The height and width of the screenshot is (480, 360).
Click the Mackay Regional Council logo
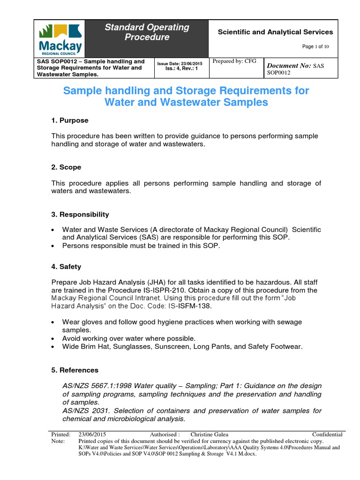(60, 38)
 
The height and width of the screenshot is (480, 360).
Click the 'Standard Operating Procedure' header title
(147, 32)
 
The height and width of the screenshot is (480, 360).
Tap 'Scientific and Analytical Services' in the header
(275, 32)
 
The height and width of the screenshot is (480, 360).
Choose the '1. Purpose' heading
(70, 120)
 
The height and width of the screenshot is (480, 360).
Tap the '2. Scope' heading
(66, 167)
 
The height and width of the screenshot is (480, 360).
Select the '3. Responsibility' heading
(80, 214)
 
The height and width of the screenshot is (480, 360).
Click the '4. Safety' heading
(66, 266)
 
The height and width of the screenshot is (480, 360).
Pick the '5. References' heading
(75, 370)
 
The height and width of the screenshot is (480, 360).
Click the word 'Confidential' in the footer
(327, 435)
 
